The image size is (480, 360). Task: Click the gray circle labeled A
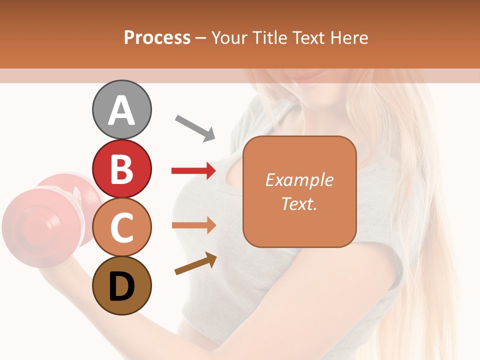(x=121, y=109)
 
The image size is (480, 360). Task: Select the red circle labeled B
(x=121, y=168)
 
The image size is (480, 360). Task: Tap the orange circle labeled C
(x=121, y=227)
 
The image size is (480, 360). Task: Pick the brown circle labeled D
(x=121, y=286)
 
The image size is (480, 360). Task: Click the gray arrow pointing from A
(x=195, y=127)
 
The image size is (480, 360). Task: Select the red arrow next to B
(x=193, y=171)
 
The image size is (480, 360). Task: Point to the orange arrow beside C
(x=193, y=225)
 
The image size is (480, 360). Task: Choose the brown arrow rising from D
(x=195, y=264)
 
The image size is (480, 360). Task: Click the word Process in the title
(x=157, y=37)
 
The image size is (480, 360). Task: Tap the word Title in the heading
(x=269, y=37)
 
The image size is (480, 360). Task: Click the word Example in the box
(x=299, y=180)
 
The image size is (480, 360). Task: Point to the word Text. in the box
(x=299, y=203)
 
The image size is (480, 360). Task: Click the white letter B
(x=121, y=169)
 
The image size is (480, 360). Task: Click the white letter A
(x=121, y=110)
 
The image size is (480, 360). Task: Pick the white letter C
(x=121, y=228)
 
